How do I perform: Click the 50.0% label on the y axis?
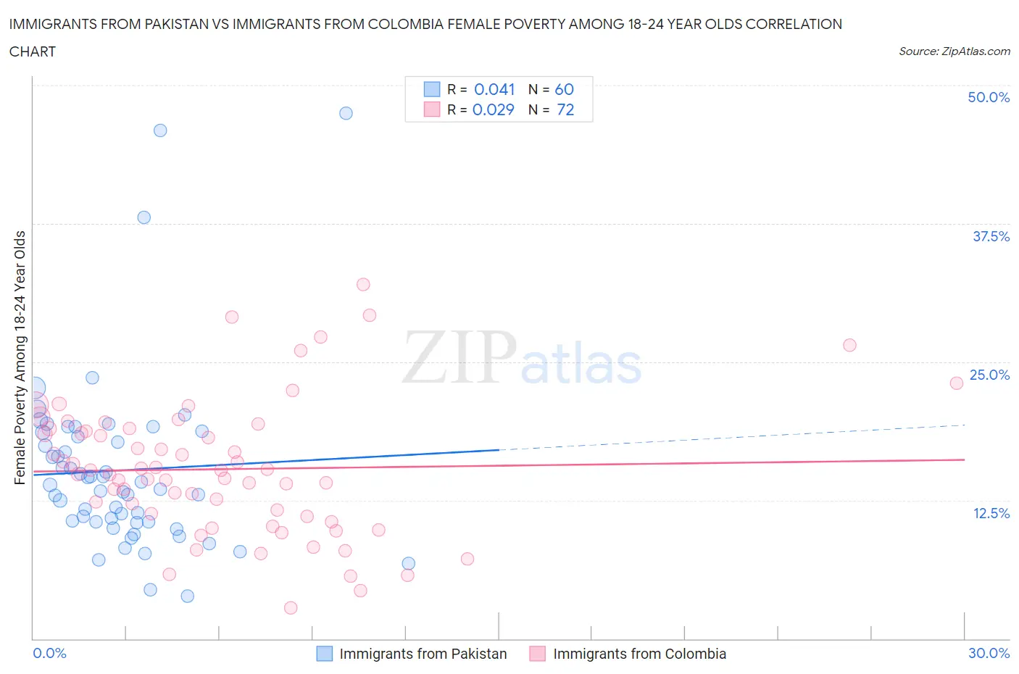(988, 97)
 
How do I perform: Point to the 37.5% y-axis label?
(990, 236)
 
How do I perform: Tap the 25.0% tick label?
(989, 375)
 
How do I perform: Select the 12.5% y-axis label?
(991, 513)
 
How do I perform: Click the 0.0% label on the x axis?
(49, 653)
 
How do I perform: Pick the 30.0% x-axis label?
(989, 653)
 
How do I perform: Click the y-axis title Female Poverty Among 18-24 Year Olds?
(20, 357)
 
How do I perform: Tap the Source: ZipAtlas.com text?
(954, 51)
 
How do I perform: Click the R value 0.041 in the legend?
(494, 89)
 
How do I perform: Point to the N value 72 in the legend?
(565, 109)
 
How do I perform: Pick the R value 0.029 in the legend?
(493, 109)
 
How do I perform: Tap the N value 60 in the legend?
(564, 89)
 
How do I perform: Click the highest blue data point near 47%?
(346, 113)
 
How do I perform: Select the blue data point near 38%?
(144, 217)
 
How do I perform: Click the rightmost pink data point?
(956, 383)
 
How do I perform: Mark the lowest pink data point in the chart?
(291, 607)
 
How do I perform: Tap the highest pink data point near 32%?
(363, 284)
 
